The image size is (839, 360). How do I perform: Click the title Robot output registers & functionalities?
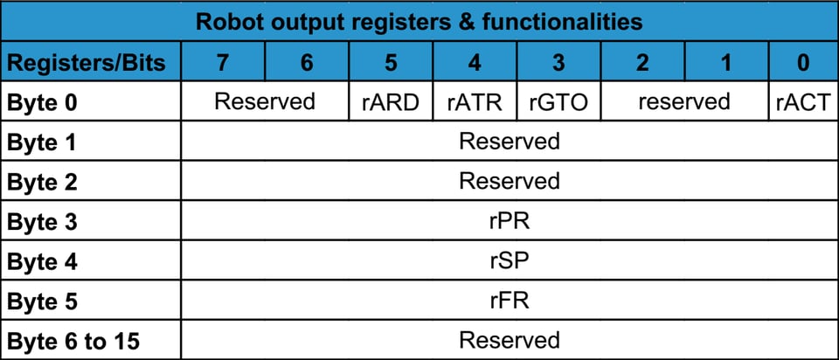419,21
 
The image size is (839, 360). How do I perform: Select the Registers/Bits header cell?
90,62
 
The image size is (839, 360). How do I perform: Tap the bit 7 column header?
222,62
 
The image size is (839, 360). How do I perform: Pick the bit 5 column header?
391,62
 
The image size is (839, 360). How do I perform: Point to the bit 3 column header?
558,62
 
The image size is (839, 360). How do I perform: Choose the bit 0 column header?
803,62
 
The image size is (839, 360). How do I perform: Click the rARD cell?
391,102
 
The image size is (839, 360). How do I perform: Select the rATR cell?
475,102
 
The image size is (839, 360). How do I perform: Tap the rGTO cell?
558,102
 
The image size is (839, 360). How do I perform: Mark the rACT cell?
803,102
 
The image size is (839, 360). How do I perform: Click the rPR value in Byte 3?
509,221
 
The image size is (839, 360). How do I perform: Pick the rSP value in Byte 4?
509,261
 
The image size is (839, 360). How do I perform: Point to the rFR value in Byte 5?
509,301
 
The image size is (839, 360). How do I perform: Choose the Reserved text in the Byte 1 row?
509,142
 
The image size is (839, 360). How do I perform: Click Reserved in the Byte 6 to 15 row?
509,340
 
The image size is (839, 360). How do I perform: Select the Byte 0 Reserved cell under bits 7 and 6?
264,102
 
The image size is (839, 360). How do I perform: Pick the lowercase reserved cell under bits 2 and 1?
683,102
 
